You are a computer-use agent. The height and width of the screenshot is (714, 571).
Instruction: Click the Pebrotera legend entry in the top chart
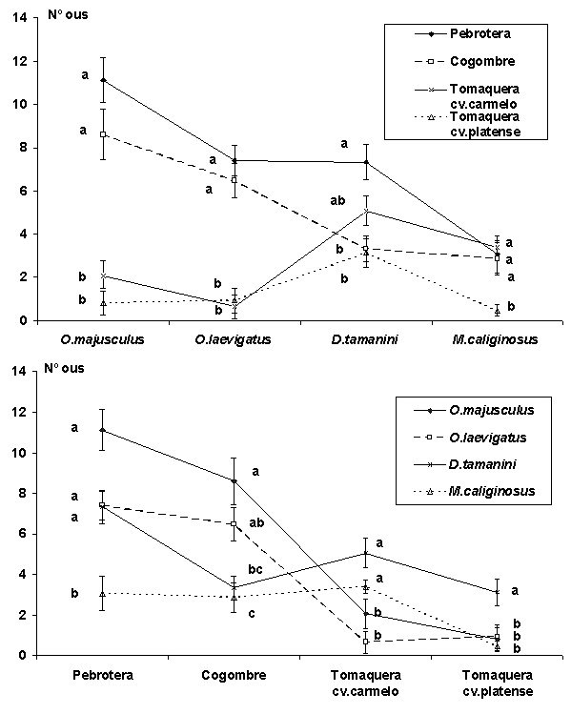pos(462,33)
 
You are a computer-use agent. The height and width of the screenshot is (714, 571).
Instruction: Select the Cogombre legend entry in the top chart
pos(465,61)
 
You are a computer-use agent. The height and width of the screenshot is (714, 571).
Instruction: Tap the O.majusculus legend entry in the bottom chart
pos(474,410)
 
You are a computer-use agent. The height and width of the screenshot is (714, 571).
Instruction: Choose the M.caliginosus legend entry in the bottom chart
pos(475,491)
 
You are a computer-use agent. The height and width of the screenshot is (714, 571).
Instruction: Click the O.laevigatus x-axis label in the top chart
pos(234,339)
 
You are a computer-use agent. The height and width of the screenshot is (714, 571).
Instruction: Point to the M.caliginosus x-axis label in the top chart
pos(496,339)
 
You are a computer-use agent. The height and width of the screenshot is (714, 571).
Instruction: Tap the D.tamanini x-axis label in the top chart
pos(364,339)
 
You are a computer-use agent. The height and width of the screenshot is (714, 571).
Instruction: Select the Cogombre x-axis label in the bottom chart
pos(235,675)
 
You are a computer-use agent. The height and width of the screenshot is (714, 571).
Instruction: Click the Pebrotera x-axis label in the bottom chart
pos(103,675)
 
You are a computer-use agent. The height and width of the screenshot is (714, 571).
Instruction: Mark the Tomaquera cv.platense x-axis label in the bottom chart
pos(498,683)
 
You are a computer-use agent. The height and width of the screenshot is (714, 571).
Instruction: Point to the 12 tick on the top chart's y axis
pos(19,61)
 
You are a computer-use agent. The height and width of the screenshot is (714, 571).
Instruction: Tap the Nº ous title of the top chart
pos(68,15)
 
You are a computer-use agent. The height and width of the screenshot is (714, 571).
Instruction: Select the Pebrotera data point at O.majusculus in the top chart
pos(103,80)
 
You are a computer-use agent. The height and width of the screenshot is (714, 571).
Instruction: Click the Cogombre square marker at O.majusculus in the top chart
pos(103,134)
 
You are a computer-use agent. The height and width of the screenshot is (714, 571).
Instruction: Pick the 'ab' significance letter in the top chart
pos(337,201)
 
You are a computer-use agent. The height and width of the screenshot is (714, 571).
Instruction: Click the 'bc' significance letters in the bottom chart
pos(255,570)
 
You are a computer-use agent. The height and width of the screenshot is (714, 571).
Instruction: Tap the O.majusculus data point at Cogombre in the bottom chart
pos(235,480)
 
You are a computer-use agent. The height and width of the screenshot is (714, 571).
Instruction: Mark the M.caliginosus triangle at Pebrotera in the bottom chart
pos(102,594)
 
